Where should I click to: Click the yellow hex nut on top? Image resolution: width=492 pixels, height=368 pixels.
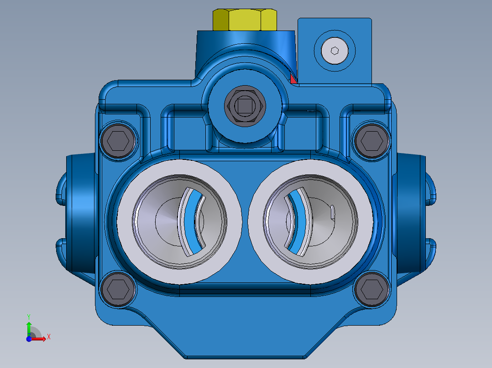point(245,20)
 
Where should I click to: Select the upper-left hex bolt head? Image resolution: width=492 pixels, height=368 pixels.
point(118,141)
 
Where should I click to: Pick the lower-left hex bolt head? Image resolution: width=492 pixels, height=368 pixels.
point(118,288)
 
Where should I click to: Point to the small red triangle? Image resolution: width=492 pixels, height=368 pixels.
point(293,80)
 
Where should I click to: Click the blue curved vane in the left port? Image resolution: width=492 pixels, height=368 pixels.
point(195,221)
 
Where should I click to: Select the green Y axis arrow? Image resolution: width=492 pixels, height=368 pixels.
point(29,327)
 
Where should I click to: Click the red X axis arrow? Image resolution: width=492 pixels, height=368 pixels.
point(40,338)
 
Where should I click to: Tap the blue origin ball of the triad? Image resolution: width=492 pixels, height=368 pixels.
point(29,339)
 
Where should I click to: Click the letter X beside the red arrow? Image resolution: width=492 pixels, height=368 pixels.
point(48,337)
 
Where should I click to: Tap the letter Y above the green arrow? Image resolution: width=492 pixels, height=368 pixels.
point(29,316)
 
